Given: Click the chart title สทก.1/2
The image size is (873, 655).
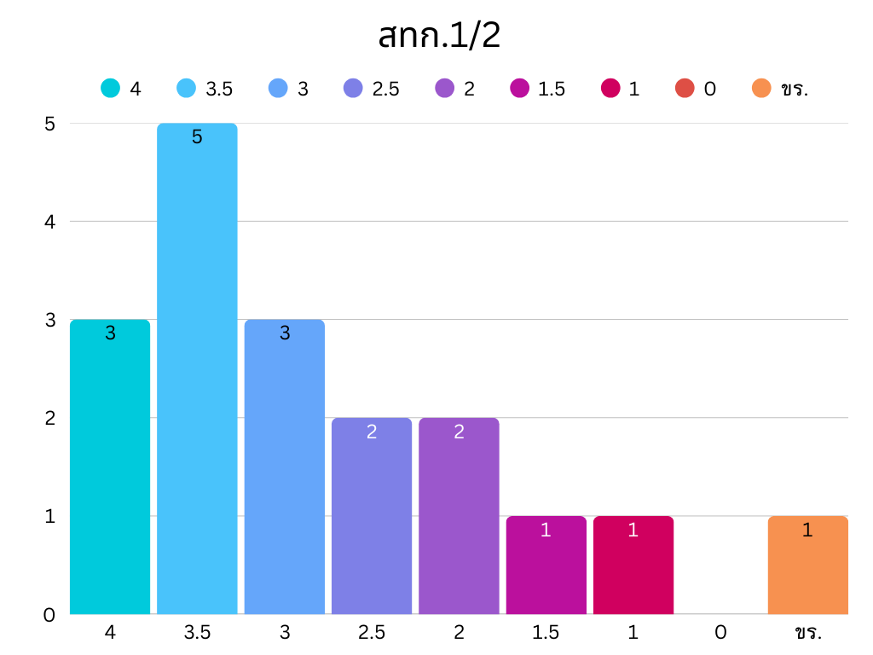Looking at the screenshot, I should tap(438, 36).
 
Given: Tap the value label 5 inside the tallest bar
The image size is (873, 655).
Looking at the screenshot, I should tap(197, 137).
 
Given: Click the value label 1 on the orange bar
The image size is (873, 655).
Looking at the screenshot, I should tap(807, 530).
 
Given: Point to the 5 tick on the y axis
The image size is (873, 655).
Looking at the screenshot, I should tap(49, 124).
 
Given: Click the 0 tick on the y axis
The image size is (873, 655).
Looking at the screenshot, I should tap(49, 615).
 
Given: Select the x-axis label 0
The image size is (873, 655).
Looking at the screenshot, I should tap(720, 633).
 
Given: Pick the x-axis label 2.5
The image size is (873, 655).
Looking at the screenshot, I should tap(372, 633).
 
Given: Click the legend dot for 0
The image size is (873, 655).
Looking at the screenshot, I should tap(685, 88).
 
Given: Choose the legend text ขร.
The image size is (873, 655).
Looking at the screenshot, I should tap(794, 89).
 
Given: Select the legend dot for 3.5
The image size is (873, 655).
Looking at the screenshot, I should tap(188, 88).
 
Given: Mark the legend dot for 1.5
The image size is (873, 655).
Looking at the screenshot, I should tap(520, 88).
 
